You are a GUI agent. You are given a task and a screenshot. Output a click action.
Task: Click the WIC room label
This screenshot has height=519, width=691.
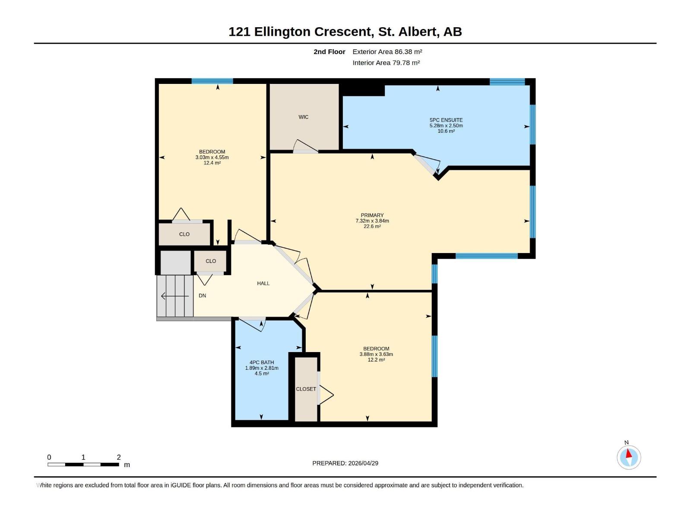303,117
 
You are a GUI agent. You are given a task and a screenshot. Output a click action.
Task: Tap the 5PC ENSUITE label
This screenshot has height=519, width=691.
446,120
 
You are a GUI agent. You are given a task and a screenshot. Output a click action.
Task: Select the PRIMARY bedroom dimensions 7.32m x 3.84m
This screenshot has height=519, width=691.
372,221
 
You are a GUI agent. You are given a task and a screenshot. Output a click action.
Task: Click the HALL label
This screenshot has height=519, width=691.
263,284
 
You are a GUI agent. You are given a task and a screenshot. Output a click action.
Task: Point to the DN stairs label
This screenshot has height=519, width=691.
202,296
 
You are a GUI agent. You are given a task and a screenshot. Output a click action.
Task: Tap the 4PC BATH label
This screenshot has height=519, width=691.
261,362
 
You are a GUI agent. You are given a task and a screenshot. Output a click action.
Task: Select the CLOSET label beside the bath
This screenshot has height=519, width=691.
306,389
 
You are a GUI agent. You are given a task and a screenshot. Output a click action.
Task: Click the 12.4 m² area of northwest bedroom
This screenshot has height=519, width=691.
212,163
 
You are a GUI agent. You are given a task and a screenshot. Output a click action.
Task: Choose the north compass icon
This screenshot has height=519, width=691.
628,457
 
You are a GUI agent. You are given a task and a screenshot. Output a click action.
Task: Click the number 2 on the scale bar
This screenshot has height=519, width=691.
119,457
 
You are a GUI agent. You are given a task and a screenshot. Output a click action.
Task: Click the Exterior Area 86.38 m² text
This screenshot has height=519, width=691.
387,52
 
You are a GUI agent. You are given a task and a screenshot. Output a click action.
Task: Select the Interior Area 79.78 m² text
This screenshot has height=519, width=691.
386,63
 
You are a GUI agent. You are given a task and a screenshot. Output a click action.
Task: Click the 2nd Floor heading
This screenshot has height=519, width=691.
329,52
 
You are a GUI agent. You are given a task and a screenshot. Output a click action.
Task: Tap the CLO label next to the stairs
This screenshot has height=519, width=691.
210,261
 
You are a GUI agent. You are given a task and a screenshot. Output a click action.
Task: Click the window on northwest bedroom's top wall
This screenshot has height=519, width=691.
212,81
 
